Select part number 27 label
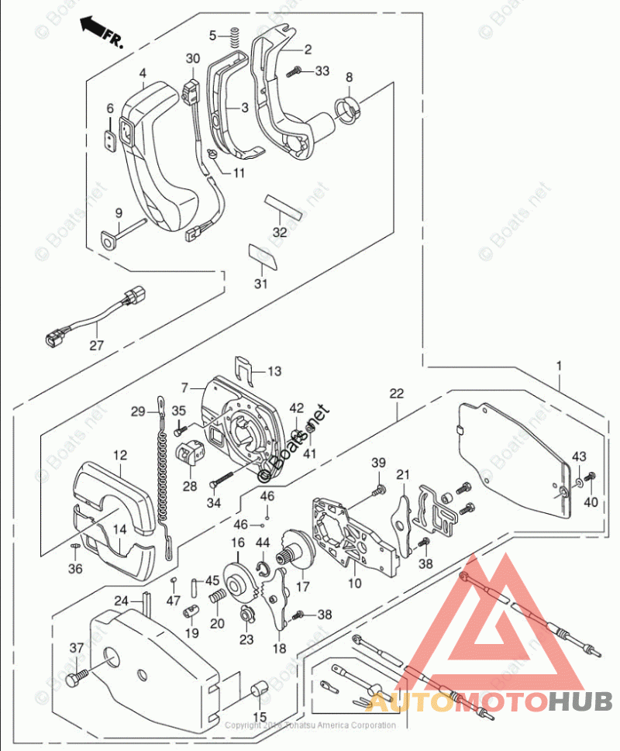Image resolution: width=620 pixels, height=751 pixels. (95, 346)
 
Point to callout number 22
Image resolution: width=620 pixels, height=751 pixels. (396, 394)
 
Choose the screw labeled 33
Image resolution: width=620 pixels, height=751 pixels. (294, 72)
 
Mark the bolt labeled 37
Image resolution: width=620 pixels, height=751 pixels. (76, 680)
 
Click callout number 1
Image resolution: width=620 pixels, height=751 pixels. (560, 364)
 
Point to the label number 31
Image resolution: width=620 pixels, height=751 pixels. (261, 284)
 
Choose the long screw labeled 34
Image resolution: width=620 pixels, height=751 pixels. (228, 475)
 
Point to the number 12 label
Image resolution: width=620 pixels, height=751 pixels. (120, 456)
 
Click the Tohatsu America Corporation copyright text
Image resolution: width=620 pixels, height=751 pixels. (310, 725)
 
